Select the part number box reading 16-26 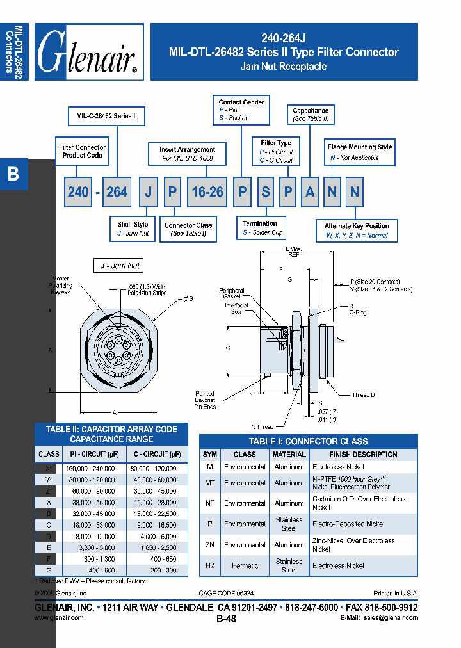click(x=207, y=192)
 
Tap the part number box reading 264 click(x=117, y=192)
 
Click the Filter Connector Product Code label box click(x=82, y=151)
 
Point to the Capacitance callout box click(x=311, y=115)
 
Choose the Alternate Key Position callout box click(x=357, y=231)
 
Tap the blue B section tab click(x=13, y=174)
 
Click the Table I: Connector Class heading click(x=308, y=441)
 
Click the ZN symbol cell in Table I click(x=209, y=545)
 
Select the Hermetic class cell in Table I click(x=245, y=565)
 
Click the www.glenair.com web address click(x=59, y=618)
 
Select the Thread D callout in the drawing click(x=363, y=395)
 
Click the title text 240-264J click(x=283, y=37)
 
